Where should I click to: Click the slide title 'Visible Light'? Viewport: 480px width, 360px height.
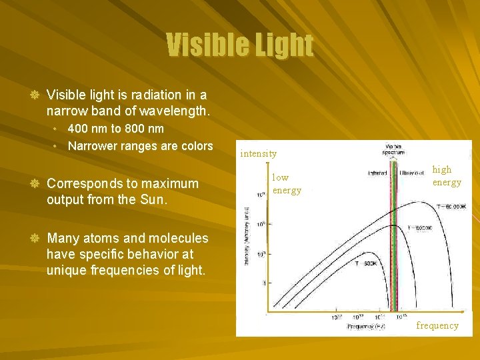tap(239, 45)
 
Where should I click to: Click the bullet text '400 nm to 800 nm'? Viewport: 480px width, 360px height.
tap(115, 128)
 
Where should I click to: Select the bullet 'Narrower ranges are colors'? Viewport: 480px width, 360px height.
tap(140, 146)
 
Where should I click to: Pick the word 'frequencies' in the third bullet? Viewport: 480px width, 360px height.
tap(135, 270)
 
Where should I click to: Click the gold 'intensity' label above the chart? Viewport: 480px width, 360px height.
tap(259, 153)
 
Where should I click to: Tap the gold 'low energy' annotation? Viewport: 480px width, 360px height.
tap(286, 184)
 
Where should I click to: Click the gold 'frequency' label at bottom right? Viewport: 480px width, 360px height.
tap(437, 325)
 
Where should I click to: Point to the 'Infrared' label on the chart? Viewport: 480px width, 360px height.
tap(378, 173)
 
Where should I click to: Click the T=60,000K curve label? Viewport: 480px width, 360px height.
tap(451, 207)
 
